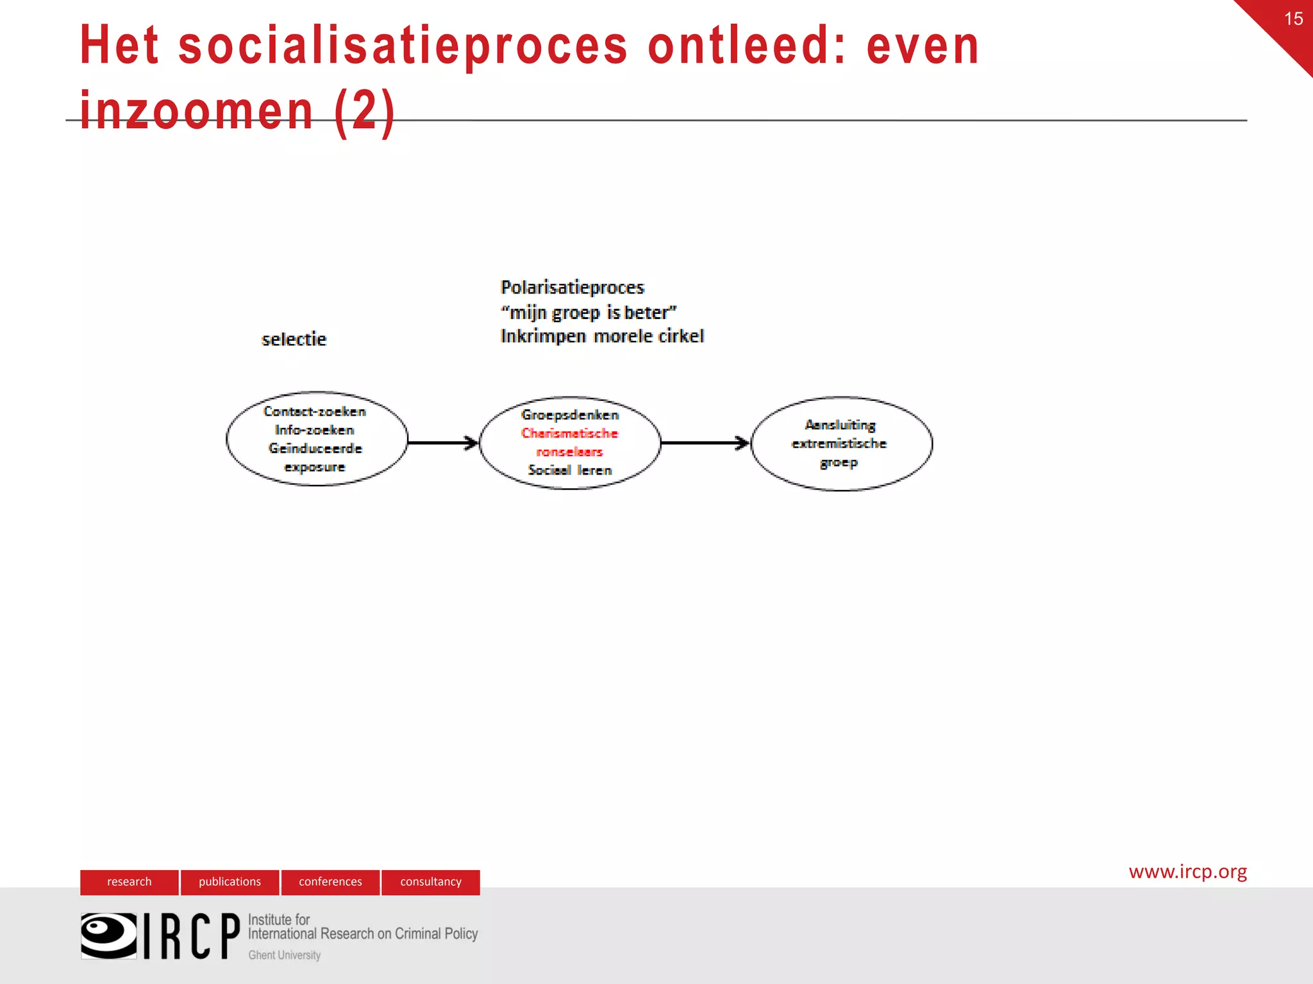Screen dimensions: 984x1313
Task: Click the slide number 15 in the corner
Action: click(x=1293, y=19)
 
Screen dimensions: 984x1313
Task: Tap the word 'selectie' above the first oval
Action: click(x=294, y=339)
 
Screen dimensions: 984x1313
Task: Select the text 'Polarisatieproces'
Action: click(x=572, y=287)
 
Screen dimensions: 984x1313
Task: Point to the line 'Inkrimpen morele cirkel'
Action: click(x=601, y=336)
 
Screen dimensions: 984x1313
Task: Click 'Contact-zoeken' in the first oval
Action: click(x=314, y=411)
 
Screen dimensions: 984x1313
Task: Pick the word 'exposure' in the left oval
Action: click(x=314, y=467)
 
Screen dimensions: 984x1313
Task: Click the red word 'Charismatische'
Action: click(x=569, y=433)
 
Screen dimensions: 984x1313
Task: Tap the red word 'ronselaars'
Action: click(x=569, y=452)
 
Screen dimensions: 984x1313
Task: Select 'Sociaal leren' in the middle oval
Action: click(x=569, y=470)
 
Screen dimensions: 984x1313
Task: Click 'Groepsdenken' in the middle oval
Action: click(x=569, y=414)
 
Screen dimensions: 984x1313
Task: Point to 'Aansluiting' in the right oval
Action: click(x=840, y=425)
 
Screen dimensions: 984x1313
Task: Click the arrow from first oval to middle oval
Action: click(x=443, y=442)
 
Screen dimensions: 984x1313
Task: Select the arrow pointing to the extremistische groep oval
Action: click(x=705, y=442)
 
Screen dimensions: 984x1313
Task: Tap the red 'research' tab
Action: click(x=130, y=881)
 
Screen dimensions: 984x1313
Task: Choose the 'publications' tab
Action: click(x=230, y=881)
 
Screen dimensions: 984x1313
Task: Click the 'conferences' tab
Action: click(x=330, y=881)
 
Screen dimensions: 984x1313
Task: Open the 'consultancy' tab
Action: click(x=431, y=881)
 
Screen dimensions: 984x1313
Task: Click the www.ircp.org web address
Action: click(x=1187, y=871)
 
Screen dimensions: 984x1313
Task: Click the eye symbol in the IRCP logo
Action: click(x=108, y=935)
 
